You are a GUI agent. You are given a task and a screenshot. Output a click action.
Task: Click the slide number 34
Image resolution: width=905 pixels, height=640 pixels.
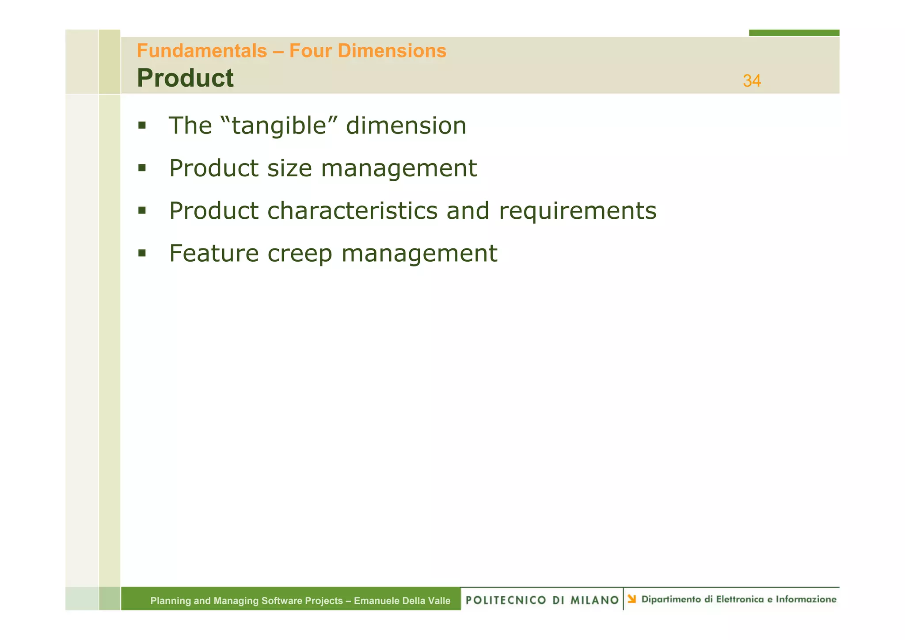click(752, 81)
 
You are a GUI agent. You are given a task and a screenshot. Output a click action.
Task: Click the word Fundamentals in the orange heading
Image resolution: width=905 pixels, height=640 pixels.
click(202, 51)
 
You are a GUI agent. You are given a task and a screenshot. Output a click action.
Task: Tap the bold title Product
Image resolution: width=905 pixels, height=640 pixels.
click(185, 78)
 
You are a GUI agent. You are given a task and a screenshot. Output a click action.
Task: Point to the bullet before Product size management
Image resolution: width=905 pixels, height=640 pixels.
click(142, 168)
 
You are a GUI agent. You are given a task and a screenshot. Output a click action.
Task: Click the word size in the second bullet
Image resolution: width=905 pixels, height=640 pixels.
click(289, 168)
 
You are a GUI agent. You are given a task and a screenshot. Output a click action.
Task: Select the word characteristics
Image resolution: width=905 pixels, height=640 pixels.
click(352, 211)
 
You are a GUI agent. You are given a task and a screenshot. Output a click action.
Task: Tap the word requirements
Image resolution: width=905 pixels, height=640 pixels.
click(578, 211)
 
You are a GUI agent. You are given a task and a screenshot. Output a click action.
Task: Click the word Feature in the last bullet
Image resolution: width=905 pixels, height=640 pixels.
click(214, 254)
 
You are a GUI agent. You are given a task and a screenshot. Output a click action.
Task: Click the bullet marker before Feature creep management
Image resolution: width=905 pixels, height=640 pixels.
click(142, 253)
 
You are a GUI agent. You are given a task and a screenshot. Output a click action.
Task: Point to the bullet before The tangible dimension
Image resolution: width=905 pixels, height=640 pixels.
click(142, 126)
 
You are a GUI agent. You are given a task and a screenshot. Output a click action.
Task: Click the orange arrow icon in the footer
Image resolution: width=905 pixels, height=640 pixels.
click(632, 599)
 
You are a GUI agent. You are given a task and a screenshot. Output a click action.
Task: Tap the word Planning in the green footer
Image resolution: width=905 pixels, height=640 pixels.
click(170, 601)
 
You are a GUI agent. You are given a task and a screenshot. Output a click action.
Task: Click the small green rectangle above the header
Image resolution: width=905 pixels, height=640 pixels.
click(794, 33)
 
